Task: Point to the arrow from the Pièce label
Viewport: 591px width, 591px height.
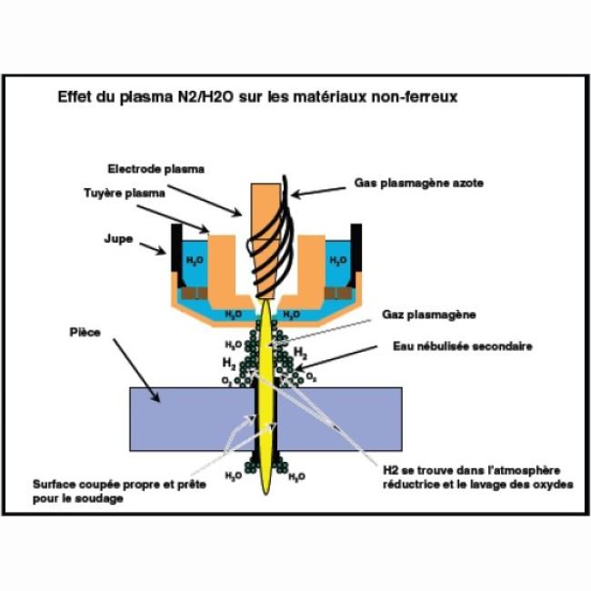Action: click(x=136, y=367)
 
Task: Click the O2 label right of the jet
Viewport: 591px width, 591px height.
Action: click(x=312, y=376)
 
